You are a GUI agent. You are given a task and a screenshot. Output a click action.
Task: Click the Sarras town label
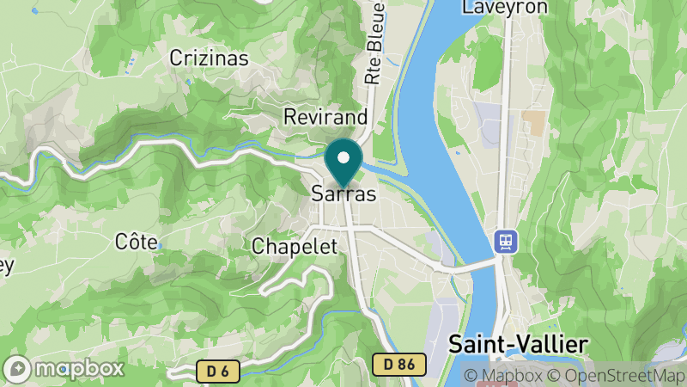pyautogui.click(x=343, y=194)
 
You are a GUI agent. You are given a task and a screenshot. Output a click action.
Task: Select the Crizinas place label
pyautogui.click(x=209, y=58)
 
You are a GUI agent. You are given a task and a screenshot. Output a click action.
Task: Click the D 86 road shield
pyautogui.click(x=399, y=365)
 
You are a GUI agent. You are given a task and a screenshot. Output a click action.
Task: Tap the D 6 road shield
pyautogui.click(x=217, y=371)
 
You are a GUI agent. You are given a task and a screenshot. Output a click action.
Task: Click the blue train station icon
pyautogui.click(x=504, y=241)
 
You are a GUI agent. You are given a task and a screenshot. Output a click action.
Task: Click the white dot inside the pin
pyautogui.click(x=344, y=157)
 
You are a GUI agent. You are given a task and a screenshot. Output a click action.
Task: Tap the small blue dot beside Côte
pyautogui.click(x=160, y=245)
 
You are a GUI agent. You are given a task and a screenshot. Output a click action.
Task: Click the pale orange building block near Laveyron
pyautogui.click(x=533, y=123)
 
